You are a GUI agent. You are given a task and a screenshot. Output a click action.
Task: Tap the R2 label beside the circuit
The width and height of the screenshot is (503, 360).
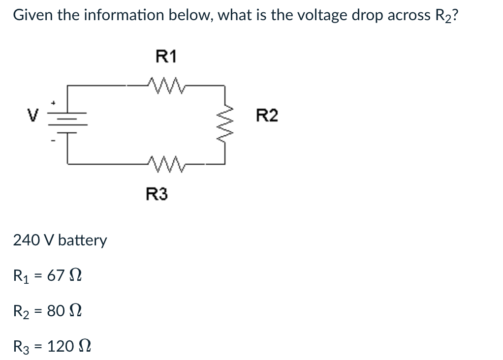[267, 116]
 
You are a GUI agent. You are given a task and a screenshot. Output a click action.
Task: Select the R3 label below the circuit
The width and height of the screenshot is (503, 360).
[157, 195]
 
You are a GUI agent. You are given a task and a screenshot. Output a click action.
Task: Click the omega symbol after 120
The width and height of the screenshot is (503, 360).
[84, 347]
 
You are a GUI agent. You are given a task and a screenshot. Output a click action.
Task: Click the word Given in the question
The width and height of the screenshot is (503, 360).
[33, 15]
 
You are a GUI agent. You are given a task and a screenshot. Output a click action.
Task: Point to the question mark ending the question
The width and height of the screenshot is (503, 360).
[456, 15]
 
